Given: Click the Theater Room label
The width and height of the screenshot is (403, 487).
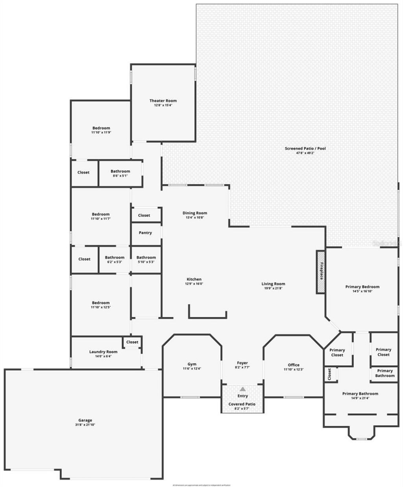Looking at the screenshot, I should click(163, 101).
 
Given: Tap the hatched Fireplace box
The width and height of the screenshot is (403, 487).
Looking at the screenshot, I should click(321, 271).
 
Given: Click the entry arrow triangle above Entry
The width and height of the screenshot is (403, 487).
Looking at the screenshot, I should click(242, 389).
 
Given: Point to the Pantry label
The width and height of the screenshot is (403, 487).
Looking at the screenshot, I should click(145, 233).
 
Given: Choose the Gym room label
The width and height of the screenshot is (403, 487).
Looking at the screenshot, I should click(192, 364).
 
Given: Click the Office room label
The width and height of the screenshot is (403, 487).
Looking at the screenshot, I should click(293, 365).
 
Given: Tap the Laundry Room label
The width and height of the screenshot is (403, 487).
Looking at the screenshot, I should click(103, 352).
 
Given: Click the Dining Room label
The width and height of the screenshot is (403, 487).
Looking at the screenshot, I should click(195, 213).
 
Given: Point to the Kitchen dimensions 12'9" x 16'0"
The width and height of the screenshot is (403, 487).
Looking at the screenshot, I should click(194, 284).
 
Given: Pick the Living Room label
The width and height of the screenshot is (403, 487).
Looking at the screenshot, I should click(273, 284).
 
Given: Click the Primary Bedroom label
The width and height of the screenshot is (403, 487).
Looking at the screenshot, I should click(362, 287).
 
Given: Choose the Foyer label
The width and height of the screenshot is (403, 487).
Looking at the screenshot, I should click(242, 363).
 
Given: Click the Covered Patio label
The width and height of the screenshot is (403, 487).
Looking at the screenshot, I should click(242, 404).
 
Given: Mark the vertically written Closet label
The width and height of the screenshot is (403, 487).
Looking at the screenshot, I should click(329, 374).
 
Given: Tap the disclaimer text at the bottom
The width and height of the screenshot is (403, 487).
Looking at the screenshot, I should click(201, 485).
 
